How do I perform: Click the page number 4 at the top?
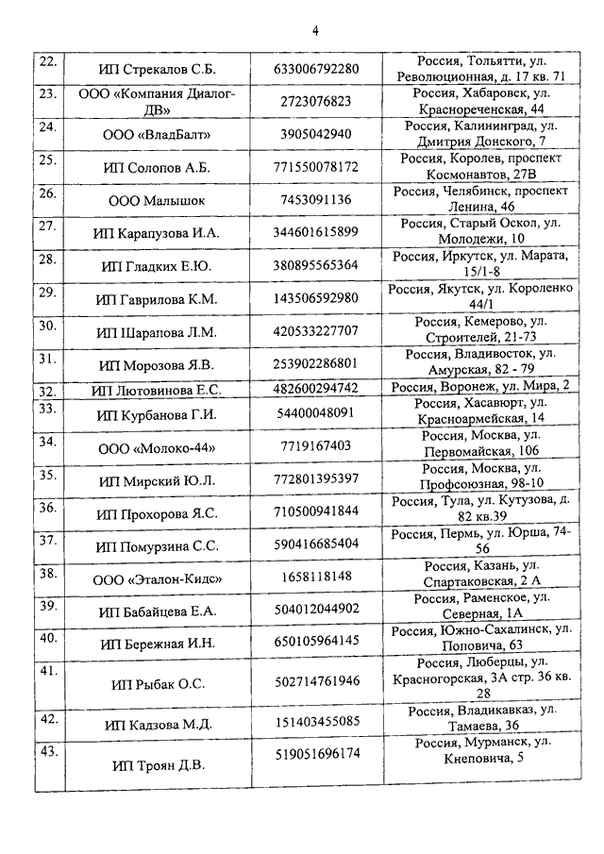coord(315,29)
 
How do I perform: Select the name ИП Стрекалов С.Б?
coord(157,70)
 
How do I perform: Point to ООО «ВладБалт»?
coord(157,134)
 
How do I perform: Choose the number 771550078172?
coord(316,167)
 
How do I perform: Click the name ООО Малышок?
coord(157,200)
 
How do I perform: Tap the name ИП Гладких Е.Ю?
coord(157,266)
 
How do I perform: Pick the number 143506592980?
coord(316,299)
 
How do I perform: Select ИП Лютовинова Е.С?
coord(157,389)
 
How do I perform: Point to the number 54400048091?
coord(316,413)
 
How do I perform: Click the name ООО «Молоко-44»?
coord(157,446)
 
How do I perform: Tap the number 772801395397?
coord(316,479)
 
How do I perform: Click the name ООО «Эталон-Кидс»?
coord(157,577)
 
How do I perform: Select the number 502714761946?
coord(316,681)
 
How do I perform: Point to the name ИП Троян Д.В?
coord(157,764)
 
